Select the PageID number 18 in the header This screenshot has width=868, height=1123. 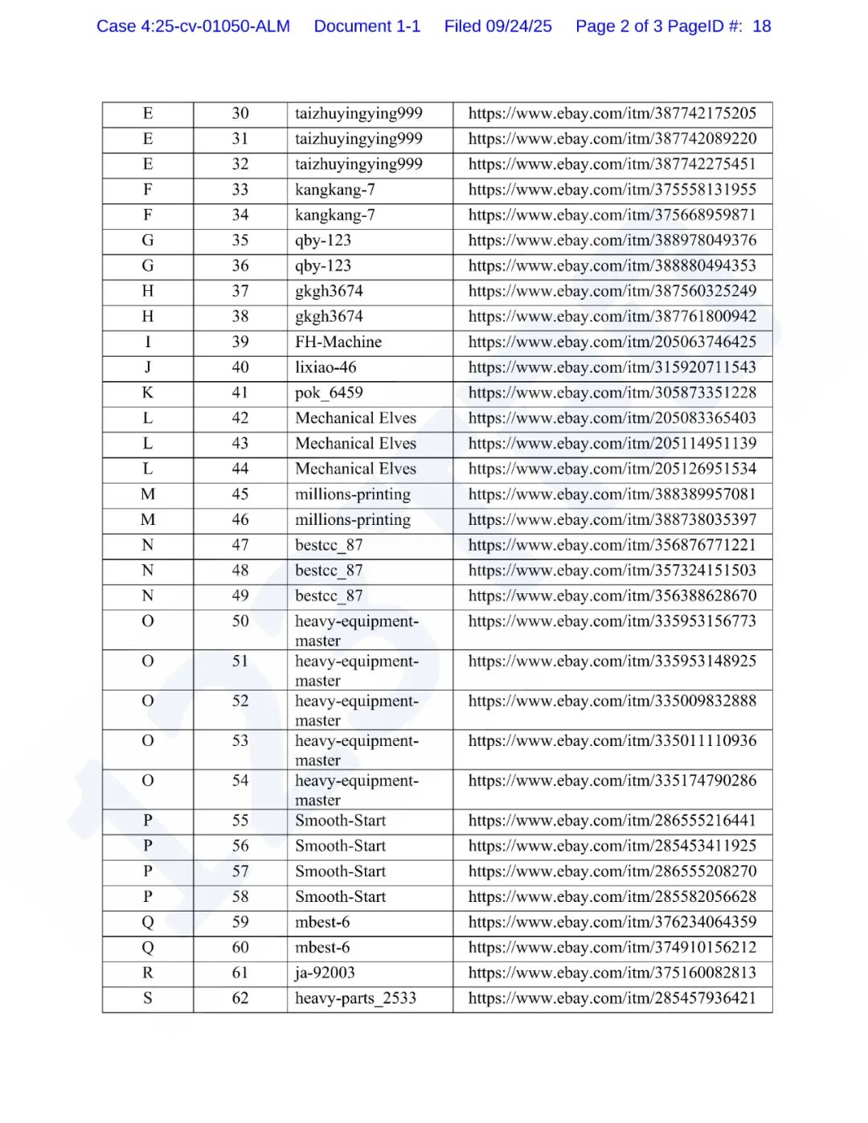[x=761, y=27]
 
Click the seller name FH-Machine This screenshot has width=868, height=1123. [x=338, y=342]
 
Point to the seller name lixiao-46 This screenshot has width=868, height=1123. [x=325, y=367]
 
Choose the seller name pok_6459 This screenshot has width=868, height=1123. [x=329, y=393]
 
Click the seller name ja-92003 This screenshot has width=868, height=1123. [x=325, y=973]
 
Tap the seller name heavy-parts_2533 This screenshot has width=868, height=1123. [x=355, y=998]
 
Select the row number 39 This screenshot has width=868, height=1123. [x=240, y=342]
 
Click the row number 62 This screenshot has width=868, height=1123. [x=240, y=998]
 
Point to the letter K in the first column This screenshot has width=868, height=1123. [x=148, y=393]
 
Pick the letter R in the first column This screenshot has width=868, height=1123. [x=148, y=973]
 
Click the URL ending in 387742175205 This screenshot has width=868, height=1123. [x=612, y=113]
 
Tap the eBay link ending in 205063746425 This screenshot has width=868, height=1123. [x=612, y=342]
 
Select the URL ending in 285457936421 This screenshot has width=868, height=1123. [x=612, y=998]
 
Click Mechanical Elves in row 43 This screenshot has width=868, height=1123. [x=355, y=444]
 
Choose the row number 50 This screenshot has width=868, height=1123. [x=240, y=621]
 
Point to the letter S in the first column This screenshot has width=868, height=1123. [x=148, y=998]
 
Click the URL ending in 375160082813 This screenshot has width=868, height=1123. [x=612, y=973]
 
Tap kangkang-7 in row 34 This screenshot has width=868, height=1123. [x=334, y=215]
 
